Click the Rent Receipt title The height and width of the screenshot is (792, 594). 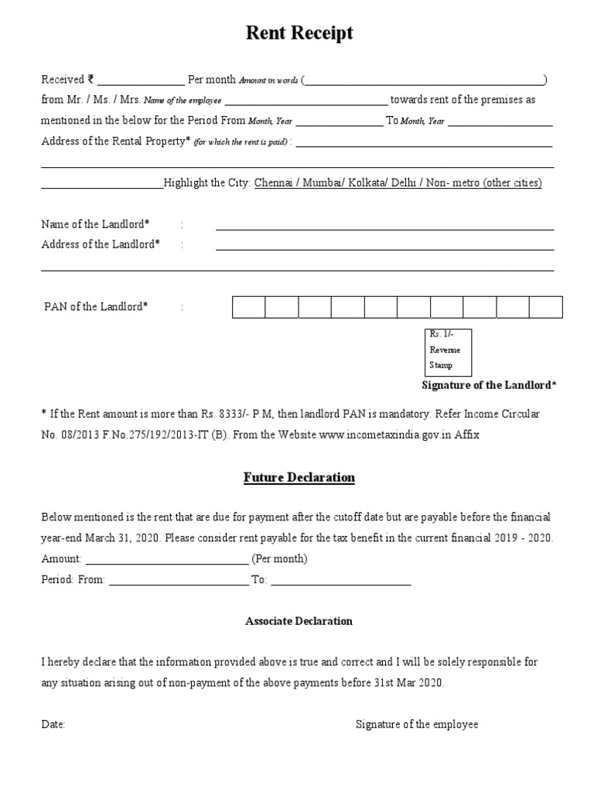point(299,32)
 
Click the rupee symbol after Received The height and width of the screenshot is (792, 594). point(91,79)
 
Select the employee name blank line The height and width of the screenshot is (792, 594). point(306,101)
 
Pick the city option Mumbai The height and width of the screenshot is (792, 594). point(323,183)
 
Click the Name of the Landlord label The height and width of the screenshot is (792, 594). point(95,224)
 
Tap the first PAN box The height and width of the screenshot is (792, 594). point(249,307)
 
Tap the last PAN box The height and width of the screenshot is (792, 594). point(545,307)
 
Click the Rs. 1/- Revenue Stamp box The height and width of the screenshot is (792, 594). point(448,352)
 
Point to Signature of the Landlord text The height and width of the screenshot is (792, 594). point(489,385)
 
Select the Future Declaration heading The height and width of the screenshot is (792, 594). point(299,477)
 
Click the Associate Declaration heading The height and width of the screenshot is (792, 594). point(299,621)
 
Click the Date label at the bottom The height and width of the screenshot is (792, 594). point(53,725)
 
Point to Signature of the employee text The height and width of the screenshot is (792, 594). point(417,725)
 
